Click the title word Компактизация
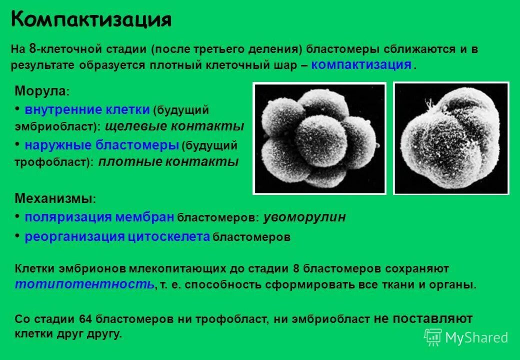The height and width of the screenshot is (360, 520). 91,20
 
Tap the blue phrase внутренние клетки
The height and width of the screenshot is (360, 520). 87,109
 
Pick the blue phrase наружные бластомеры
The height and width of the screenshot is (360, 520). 102,145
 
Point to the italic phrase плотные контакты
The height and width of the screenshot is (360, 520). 168,161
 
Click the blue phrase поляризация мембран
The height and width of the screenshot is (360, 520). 99,217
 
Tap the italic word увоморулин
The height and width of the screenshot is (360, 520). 304,217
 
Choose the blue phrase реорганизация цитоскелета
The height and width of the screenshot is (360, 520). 117,236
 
